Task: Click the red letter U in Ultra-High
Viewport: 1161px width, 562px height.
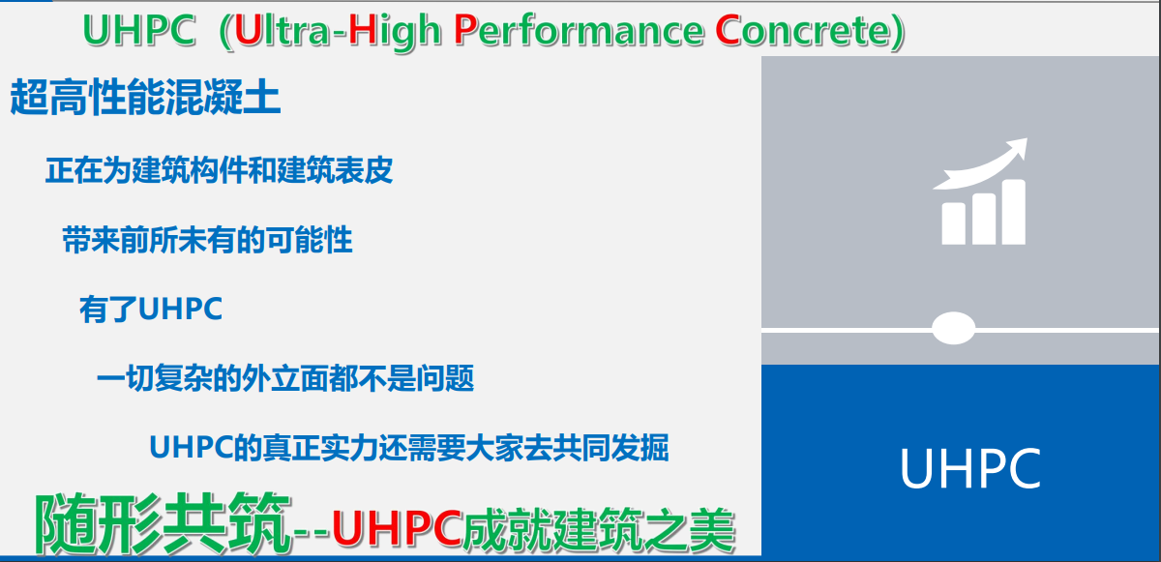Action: pos(248,30)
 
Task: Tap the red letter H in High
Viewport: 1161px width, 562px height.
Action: pos(362,30)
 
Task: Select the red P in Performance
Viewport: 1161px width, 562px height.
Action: pos(465,30)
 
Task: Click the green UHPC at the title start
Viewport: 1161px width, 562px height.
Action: pos(139,30)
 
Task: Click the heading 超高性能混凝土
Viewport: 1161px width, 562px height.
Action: pos(146,97)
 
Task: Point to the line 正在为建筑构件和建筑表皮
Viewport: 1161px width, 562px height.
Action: pos(219,170)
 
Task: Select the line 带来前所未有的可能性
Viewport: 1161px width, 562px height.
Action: pos(207,240)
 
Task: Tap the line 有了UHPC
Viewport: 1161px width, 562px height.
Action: pos(151,310)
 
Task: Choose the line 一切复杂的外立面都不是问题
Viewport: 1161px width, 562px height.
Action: pos(285,378)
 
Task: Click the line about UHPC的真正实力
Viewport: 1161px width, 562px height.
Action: pos(409,448)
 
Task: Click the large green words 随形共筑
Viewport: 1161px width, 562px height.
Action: pos(162,523)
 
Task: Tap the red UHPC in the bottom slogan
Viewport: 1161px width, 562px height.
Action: pos(397,528)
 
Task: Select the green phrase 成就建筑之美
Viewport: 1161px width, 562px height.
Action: pos(599,529)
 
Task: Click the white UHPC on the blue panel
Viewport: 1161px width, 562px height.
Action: pos(970,468)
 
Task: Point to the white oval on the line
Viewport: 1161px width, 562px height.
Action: pos(954,328)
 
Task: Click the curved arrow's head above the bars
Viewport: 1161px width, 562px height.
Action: pos(1015,148)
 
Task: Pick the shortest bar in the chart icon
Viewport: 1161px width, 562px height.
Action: pos(954,223)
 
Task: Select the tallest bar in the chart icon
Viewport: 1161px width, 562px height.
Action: pos(1014,212)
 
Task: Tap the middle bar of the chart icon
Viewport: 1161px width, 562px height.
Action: pos(984,219)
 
